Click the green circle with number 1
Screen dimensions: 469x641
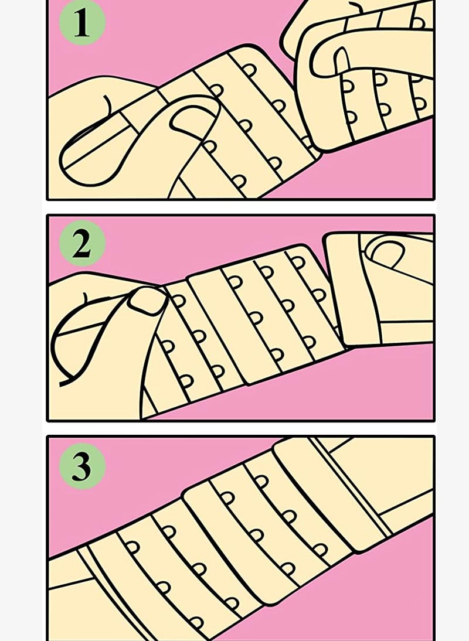(x=82, y=22)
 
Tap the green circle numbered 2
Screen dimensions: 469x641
(x=82, y=243)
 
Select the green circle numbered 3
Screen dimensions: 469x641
(x=82, y=466)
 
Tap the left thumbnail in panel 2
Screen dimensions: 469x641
(x=147, y=301)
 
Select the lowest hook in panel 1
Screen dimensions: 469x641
(x=239, y=180)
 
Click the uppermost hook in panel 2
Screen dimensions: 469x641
(x=298, y=262)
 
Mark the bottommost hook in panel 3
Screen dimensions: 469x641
(x=196, y=623)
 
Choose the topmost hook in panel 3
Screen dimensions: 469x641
(x=261, y=482)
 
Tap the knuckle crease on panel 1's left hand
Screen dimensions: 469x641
(x=107, y=105)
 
